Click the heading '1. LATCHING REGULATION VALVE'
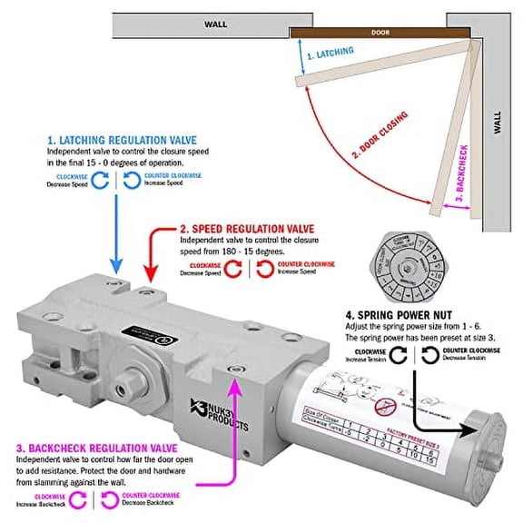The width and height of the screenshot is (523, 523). [x=124, y=142]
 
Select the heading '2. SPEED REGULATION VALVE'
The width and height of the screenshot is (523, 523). [x=258, y=229]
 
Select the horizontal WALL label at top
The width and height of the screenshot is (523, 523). [x=215, y=25]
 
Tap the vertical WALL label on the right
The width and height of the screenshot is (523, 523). [x=497, y=123]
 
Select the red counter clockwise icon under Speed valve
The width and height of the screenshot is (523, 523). [x=264, y=267]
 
